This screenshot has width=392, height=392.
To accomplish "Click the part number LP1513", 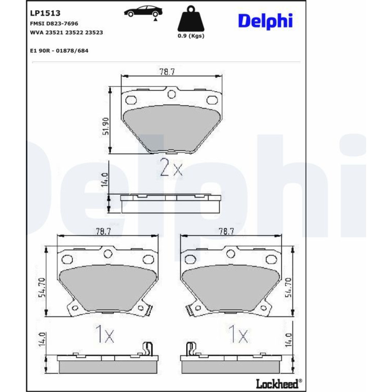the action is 45,13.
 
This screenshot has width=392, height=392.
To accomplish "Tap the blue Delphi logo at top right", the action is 265,21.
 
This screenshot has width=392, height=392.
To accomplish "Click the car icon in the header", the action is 143,11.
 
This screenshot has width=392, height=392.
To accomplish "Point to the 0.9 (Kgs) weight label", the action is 191,36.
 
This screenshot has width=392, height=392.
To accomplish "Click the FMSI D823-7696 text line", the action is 54,24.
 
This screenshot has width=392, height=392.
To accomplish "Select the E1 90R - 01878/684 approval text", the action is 59,51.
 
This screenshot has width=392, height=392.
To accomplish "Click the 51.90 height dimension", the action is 106,126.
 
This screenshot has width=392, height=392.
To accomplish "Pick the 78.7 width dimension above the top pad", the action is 167,72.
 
